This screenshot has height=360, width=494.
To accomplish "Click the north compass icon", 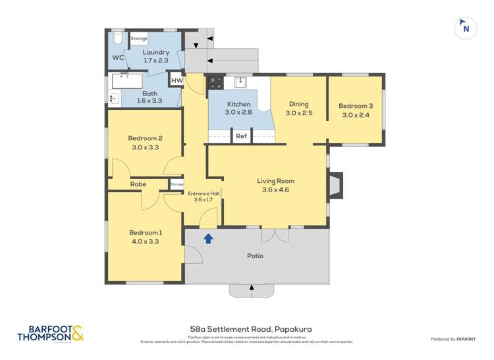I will pyautogui.click(x=466, y=28).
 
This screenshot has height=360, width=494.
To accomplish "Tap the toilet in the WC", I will pyautogui.click(x=117, y=40).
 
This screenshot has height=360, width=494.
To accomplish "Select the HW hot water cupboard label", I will pyautogui.click(x=176, y=81).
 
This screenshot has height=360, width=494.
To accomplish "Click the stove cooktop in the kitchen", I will pyautogui.click(x=215, y=82).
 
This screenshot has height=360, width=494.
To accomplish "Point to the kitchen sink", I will pyautogui.click(x=240, y=82).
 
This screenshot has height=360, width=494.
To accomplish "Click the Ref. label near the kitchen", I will pyautogui.click(x=242, y=136).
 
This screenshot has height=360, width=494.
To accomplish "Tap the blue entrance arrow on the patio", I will pyautogui.click(x=208, y=238).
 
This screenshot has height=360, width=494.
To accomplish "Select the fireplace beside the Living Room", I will pyautogui.click(x=336, y=185).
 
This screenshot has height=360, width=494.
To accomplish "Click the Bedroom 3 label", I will pyautogui.click(x=356, y=106).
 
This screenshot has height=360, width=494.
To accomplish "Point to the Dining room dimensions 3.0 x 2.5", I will pyautogui.click(x=298, y=113).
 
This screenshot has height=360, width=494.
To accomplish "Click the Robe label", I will pyautogui.click(x=138, y=184).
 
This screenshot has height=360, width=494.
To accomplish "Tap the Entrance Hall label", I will pyautogui.click(x=204, y=193).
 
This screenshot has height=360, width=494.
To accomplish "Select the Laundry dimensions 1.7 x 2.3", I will pyautogui.click(x=156, y=61).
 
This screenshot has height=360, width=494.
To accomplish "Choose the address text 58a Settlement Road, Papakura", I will pyautogui.click(x=247, y=329).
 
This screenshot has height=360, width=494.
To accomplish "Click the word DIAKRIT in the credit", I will pyautogui.click(x=467, y=339).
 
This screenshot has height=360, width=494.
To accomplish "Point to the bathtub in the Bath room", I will pyautogui.click(x=128, y=81).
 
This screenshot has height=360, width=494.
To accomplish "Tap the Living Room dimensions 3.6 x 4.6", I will pyautogui.click(x=275, y=190).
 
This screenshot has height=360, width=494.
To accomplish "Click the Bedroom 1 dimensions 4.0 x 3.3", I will pyautogui.click(x=145, y=242).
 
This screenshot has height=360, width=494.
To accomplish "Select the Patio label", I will pyautogui.click(x=256, y=255).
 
